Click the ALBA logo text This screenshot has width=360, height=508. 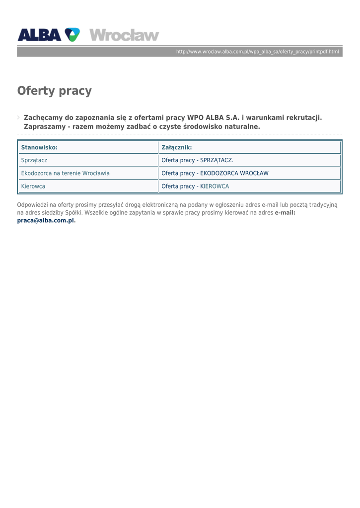40,35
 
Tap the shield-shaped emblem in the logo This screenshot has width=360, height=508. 72,35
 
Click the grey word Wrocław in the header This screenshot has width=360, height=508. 124,35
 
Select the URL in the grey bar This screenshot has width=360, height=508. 257,52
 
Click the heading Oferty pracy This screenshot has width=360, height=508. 55,91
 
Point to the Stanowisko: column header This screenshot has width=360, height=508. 39,147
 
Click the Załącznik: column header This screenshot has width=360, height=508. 177,147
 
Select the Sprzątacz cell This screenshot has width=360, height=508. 34,160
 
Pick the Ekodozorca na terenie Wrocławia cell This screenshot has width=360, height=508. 66,173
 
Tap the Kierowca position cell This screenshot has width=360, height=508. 33,186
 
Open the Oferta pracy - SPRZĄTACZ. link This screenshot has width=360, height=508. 198,160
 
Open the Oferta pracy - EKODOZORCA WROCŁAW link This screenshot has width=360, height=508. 215,173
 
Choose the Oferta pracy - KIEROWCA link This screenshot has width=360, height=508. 196,186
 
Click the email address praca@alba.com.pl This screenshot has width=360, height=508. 46,220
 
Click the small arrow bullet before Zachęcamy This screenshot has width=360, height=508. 19,118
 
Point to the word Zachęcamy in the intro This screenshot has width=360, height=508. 43,118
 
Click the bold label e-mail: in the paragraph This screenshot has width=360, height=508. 285,212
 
